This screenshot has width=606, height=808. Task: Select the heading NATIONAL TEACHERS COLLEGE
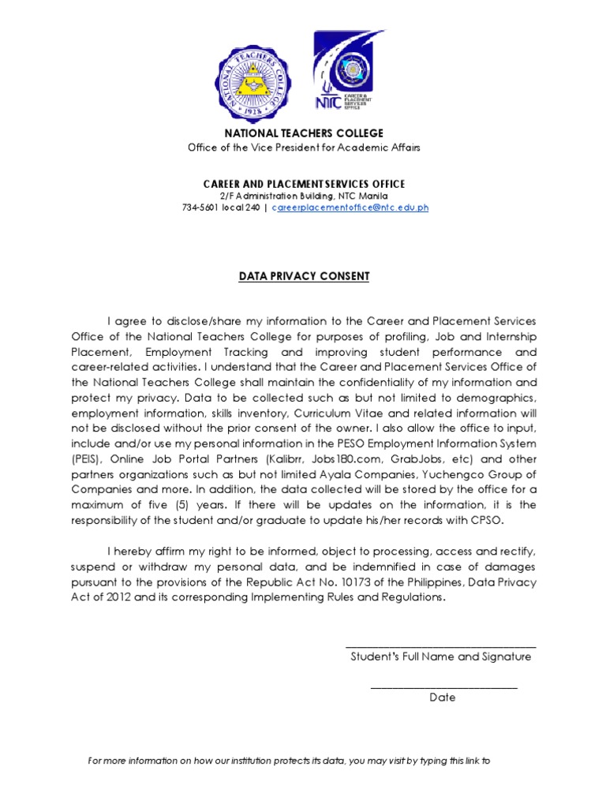click(x=304, y=133)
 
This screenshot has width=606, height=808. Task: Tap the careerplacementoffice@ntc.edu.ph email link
click(x=350, y=208)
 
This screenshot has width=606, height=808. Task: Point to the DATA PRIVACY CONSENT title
click(x=304, y=276)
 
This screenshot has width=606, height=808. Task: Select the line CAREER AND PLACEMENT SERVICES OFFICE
click(x=304, y=183)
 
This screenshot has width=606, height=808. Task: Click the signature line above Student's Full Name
click(x=441, y=646)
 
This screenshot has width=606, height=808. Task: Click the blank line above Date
click(x=443, y=687)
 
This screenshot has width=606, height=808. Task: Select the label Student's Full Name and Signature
click(x=441, y=656)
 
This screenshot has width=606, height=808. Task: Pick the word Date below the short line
click(x=443, y=698)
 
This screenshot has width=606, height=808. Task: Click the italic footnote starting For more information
click(x=289, y=761)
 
